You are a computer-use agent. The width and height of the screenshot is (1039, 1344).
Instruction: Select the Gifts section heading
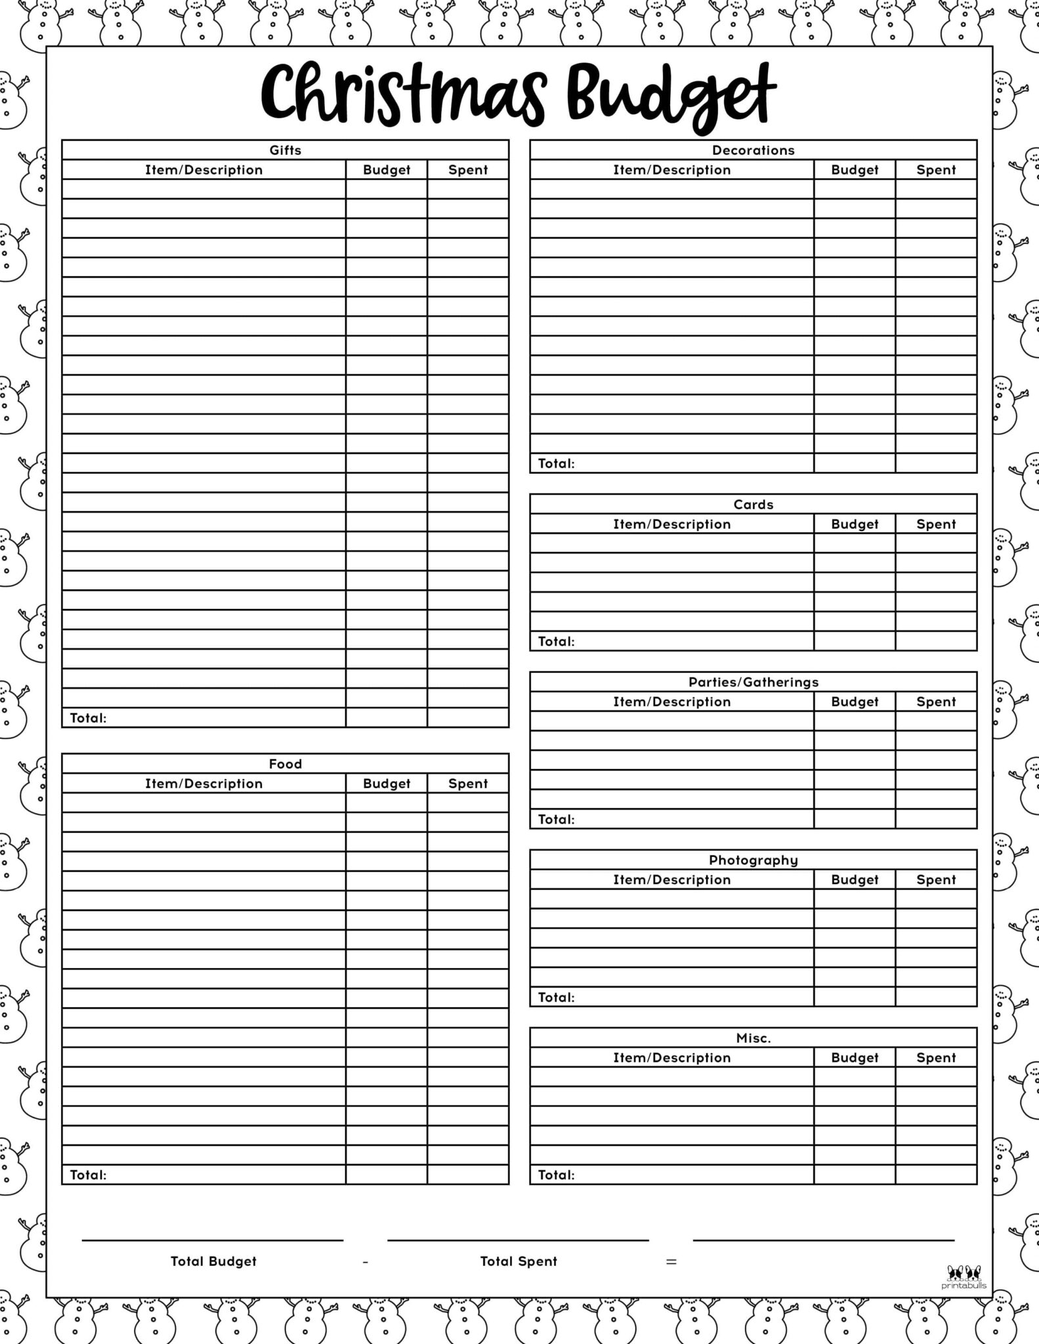286,150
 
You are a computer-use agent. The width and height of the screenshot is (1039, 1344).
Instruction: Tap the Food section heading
286,764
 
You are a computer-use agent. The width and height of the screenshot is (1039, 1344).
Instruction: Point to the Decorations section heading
753,150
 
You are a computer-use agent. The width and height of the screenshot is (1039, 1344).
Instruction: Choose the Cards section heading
753,505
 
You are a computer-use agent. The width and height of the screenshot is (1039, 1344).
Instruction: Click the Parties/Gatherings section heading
753,682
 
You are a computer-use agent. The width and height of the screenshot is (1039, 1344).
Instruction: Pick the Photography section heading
753,860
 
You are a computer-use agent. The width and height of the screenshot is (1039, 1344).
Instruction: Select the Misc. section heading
753,1038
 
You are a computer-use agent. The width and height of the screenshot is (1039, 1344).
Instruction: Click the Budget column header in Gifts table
387,170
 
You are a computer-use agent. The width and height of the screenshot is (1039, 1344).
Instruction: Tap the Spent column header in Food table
468,784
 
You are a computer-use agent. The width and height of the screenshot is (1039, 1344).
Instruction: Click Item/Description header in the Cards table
671,524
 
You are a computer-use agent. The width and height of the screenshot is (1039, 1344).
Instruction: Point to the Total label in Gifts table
88,718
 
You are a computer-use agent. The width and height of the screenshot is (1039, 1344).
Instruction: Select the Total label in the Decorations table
556,463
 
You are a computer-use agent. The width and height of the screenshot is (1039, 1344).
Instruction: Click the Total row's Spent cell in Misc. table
936,1175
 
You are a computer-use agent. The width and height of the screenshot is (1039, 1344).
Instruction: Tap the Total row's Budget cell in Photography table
855,997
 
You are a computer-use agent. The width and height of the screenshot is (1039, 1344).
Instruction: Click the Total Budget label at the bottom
213,1261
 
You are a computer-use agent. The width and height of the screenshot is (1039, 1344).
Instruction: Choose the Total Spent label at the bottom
519,1261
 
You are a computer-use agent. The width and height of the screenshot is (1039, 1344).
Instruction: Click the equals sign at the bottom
671,1261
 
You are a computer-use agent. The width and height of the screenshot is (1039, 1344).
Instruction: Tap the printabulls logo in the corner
964,1278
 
